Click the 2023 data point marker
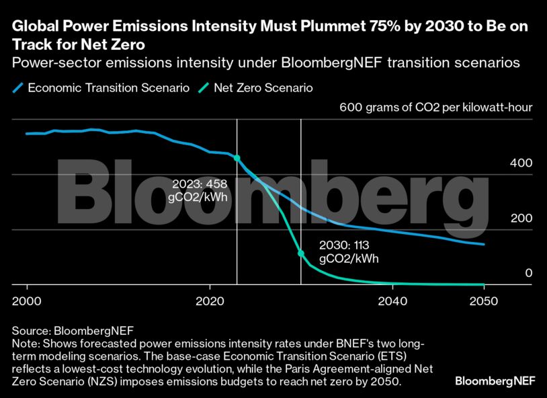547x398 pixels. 237,158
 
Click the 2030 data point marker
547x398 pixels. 300,253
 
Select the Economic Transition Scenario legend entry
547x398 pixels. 101,88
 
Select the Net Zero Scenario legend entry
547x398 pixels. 257,88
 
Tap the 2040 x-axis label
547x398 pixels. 392,300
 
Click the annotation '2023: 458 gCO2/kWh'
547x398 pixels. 200,190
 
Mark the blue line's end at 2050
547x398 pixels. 484,244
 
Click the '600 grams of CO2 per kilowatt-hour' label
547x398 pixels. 436,107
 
